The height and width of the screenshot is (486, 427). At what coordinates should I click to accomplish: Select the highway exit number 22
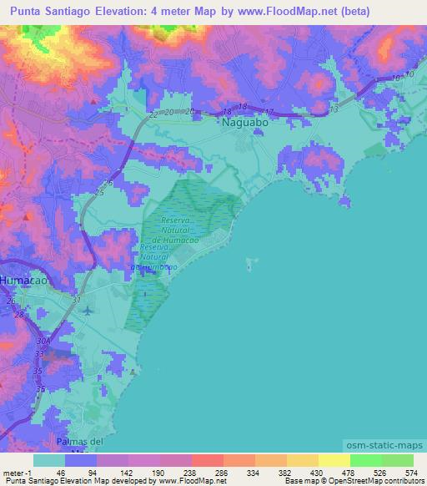coord(153,114)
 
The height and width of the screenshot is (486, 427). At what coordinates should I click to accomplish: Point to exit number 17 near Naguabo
coord(269,112)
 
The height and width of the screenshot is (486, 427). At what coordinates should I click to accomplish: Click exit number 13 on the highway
coord(334,109)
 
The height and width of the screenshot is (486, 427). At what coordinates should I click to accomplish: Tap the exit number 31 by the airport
coord(78,300)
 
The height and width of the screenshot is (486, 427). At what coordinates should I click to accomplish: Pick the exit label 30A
coord(43,342)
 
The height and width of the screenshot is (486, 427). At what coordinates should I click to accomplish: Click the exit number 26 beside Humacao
coord(11,301)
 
